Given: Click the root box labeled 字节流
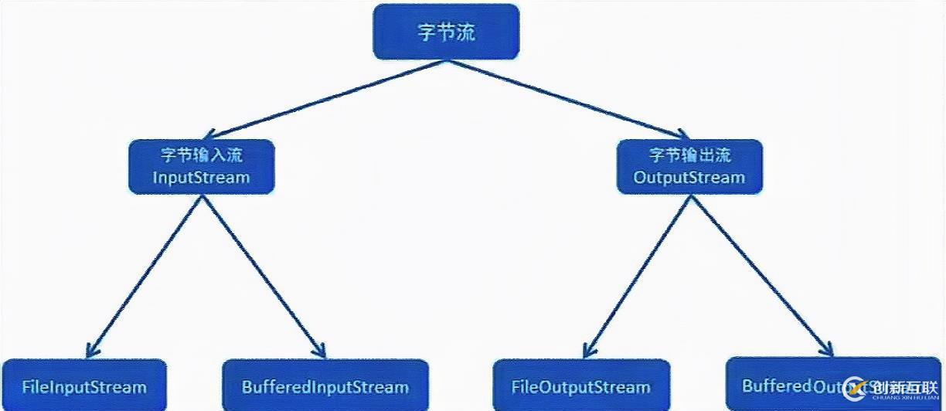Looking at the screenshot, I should point(446,32).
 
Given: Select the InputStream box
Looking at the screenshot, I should point(202,166).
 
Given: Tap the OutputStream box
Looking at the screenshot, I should point(689,166).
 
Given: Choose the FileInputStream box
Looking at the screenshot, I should point(83,385).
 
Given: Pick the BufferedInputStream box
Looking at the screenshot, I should point(325,385).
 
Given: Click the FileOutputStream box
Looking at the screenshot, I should point(580,385).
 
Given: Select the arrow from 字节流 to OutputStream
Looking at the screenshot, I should point(564,98).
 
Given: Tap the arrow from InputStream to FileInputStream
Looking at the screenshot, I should point(147,274).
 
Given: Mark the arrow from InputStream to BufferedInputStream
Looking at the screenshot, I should point(263,274).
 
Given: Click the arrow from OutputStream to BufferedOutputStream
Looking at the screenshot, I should point(761,274).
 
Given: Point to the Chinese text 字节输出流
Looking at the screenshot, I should point(689,155).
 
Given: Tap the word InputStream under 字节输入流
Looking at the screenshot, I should point(202,178).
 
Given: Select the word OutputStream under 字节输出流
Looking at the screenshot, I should point(689,178).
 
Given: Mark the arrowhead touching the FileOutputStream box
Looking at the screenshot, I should point(587,349).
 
